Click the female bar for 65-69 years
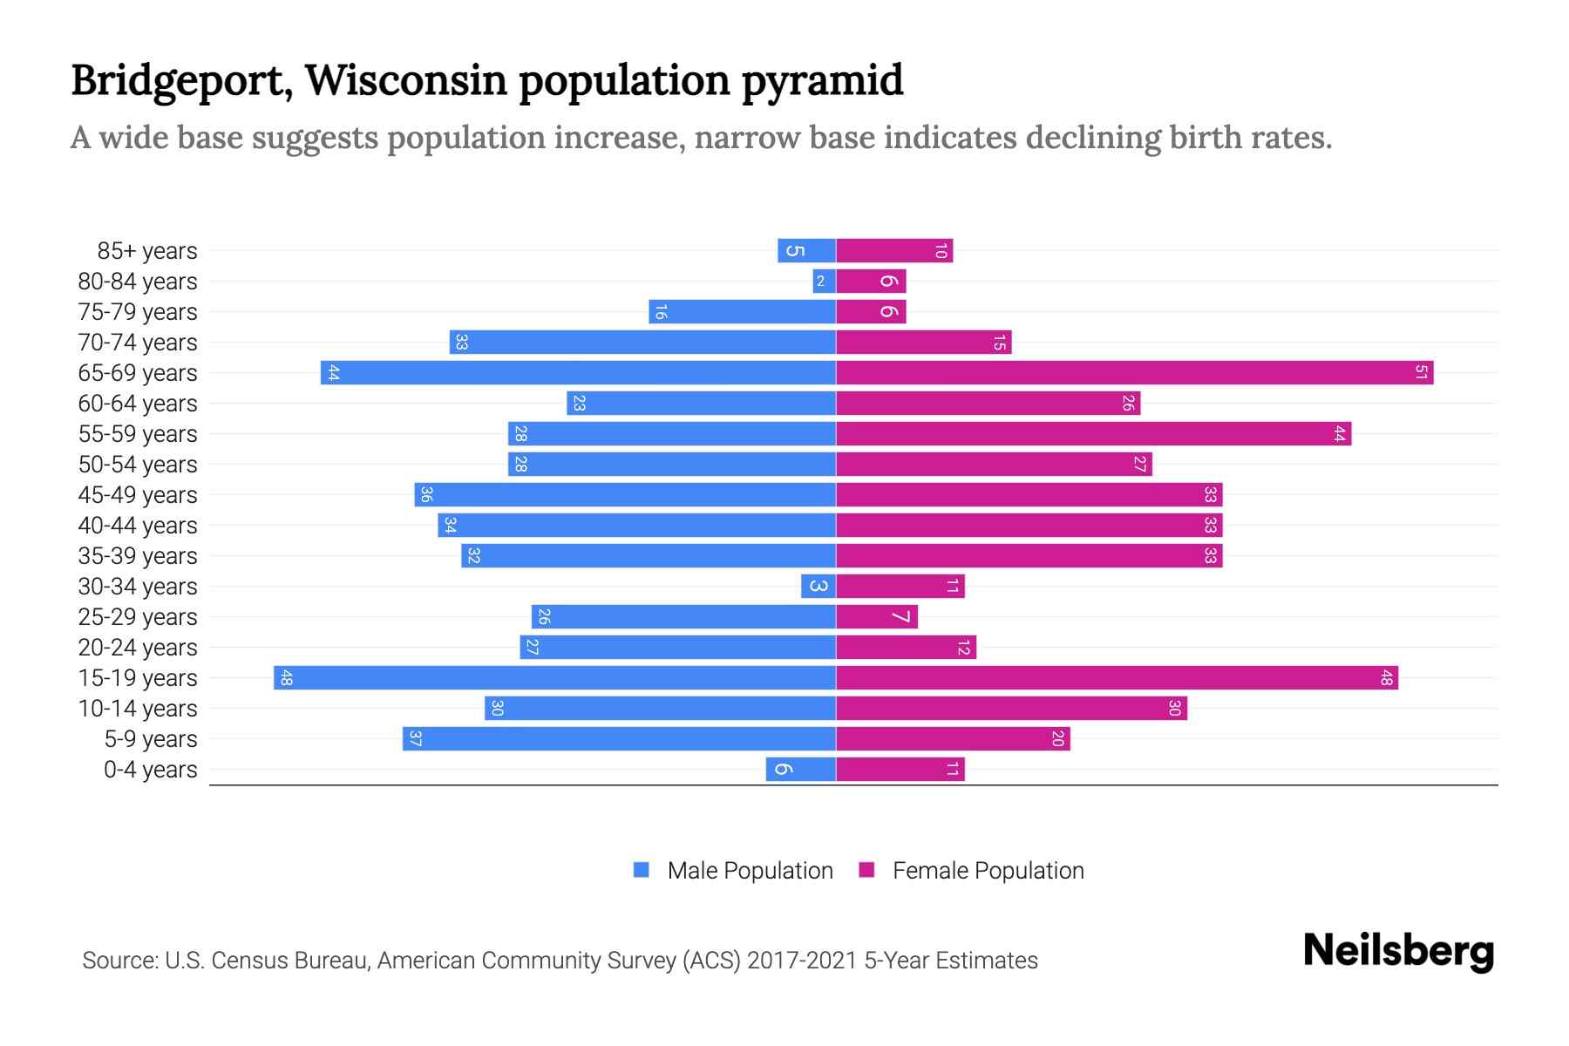[1133, 373]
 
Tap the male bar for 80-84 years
[825, 282]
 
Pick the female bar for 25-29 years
[876, 617]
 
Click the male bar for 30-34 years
[818, 587]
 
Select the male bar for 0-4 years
[801, 770]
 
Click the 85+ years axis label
[146, 251]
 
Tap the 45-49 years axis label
[138, 495]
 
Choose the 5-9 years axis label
[150, 739]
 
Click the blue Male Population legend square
[642, 870]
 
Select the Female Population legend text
[988, 871]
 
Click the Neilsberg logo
[1398, 951]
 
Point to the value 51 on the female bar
[1421, 373]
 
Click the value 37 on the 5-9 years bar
[415, 739]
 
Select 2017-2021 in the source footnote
[802, 961]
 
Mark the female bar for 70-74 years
[923, 343]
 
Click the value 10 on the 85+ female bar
[941, 251]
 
